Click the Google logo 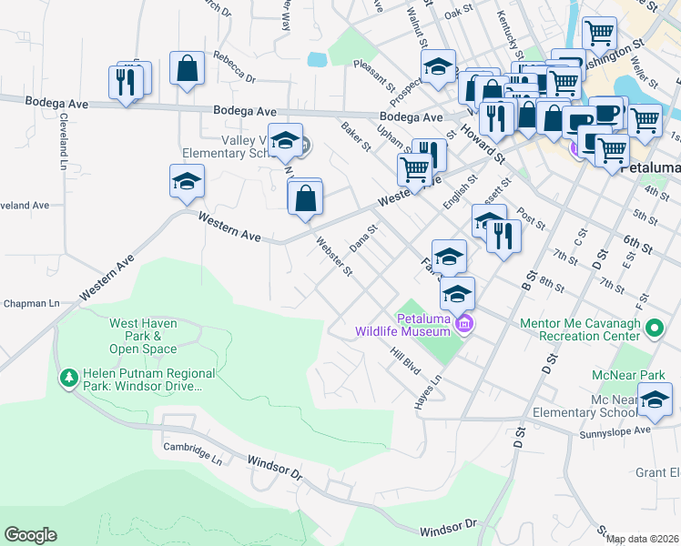(30, 535)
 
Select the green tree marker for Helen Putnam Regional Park (68, 377)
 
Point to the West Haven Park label (143, 336)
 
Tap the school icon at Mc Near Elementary (655, 398)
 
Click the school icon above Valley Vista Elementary (285, 139)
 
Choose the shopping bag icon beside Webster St (305, 196)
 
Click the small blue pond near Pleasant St (318, 61)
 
